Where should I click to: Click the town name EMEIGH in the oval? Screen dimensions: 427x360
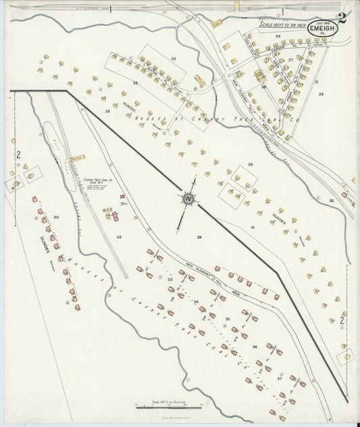click(319, 29)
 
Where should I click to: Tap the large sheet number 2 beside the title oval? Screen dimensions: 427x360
click(342, 18)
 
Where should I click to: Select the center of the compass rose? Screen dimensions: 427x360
click(186, 199)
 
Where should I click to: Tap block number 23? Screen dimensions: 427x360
click(173, 59)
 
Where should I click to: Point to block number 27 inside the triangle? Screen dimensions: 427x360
click(290, 60)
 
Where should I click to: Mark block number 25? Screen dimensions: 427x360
click(135, 82)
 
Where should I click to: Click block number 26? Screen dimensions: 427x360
click(107, 111)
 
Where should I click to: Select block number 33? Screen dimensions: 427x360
click(170, 278)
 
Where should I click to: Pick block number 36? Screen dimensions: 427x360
click(254, 347)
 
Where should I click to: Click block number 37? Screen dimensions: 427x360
click(279, 378)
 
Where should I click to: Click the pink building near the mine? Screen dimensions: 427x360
click(115, 217)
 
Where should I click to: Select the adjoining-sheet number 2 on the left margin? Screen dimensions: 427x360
click(18, 155)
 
